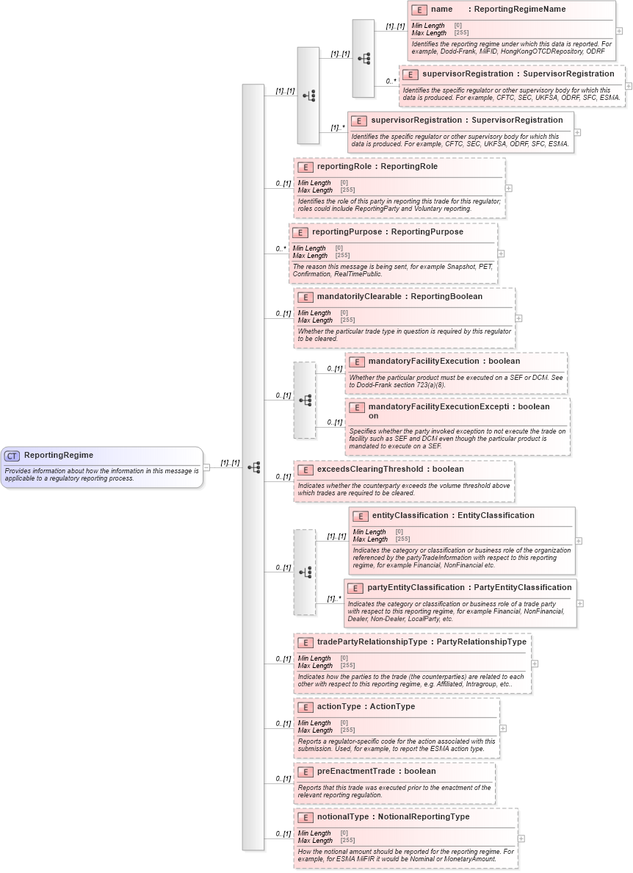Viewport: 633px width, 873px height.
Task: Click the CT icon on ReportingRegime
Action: click(x=12, y=456)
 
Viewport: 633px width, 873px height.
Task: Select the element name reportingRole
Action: click(x=345, y=167)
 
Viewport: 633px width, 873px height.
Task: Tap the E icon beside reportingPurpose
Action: click(x=300, y=232)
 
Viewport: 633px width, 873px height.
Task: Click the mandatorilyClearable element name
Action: click(x=359, y=297)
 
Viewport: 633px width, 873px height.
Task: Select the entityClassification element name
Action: click(x=412, y=516)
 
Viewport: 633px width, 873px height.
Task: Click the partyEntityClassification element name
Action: click(x=415, y=588)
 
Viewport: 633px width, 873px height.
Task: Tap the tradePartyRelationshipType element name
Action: click(x=372, y=642)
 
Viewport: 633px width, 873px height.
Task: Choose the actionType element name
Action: click(x=339, y=707)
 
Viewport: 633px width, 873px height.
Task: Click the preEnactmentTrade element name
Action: click(x=355, y=772)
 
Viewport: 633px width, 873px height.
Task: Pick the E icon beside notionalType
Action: click(x=305, y=817)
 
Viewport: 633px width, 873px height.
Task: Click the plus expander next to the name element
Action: click(x=619, y=32)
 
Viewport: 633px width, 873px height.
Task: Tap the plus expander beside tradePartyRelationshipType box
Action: click(x=535, y=664)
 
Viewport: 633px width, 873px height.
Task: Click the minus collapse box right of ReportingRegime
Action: click(x=206, y=467)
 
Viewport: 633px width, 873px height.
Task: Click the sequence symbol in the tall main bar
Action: click(x=253, y=467)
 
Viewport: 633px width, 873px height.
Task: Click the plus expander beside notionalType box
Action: click(x=521, y=838)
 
